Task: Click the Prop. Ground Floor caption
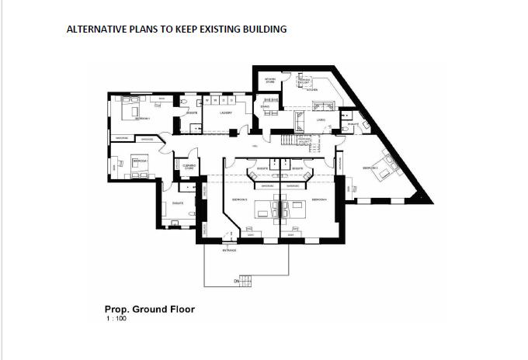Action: pyautogui.click(x=149, y=309)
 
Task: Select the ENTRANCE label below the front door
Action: pyautogui.click(x=231, y=251)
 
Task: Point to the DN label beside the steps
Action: pyautogui.click(x=236, y=281)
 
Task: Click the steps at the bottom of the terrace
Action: pyautogui.click(x=247, y=280)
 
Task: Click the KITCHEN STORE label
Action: pyautogui.click(x=269, y=80)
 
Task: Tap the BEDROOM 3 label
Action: pyautogui.click(x=239, y=199)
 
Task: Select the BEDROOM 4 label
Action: pyautogui.click(x=319, y=199)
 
